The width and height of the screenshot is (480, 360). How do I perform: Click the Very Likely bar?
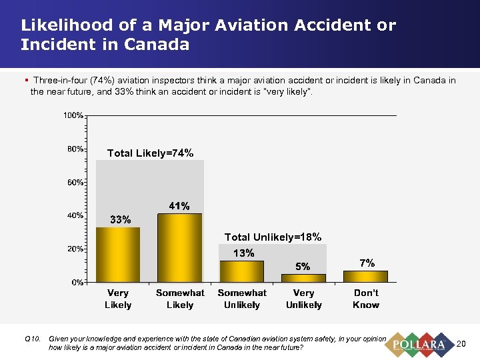click(118, 254)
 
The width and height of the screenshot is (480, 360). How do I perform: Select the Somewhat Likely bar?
click(179, 247)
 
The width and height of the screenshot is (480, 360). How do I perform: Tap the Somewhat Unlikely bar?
click(241, 271)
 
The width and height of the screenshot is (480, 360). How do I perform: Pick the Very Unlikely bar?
click(303, 277)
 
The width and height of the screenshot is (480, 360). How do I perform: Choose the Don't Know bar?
click(365, 275)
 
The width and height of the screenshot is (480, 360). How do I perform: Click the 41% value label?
click(179, 205)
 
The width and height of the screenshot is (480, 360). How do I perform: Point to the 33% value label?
click(120, 219)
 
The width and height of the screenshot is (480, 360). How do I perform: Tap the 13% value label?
click(243, 253)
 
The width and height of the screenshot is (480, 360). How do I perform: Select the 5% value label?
click(303, 266)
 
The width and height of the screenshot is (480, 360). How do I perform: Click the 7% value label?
click(367, 263)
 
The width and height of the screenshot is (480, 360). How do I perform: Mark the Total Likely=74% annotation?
click(151, 153)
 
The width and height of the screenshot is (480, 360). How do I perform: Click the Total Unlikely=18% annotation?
click(273, 237)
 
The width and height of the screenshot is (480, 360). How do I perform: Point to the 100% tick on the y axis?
click(73, 115)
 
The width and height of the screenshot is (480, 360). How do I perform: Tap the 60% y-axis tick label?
click(75, 181)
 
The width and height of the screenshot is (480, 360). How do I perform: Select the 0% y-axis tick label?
click(77, 282)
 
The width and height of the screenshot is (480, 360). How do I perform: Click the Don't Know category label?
click(365, 299)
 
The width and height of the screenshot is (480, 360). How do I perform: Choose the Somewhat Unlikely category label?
click(241, 299)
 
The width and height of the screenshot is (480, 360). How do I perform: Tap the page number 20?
click(460, 344)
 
